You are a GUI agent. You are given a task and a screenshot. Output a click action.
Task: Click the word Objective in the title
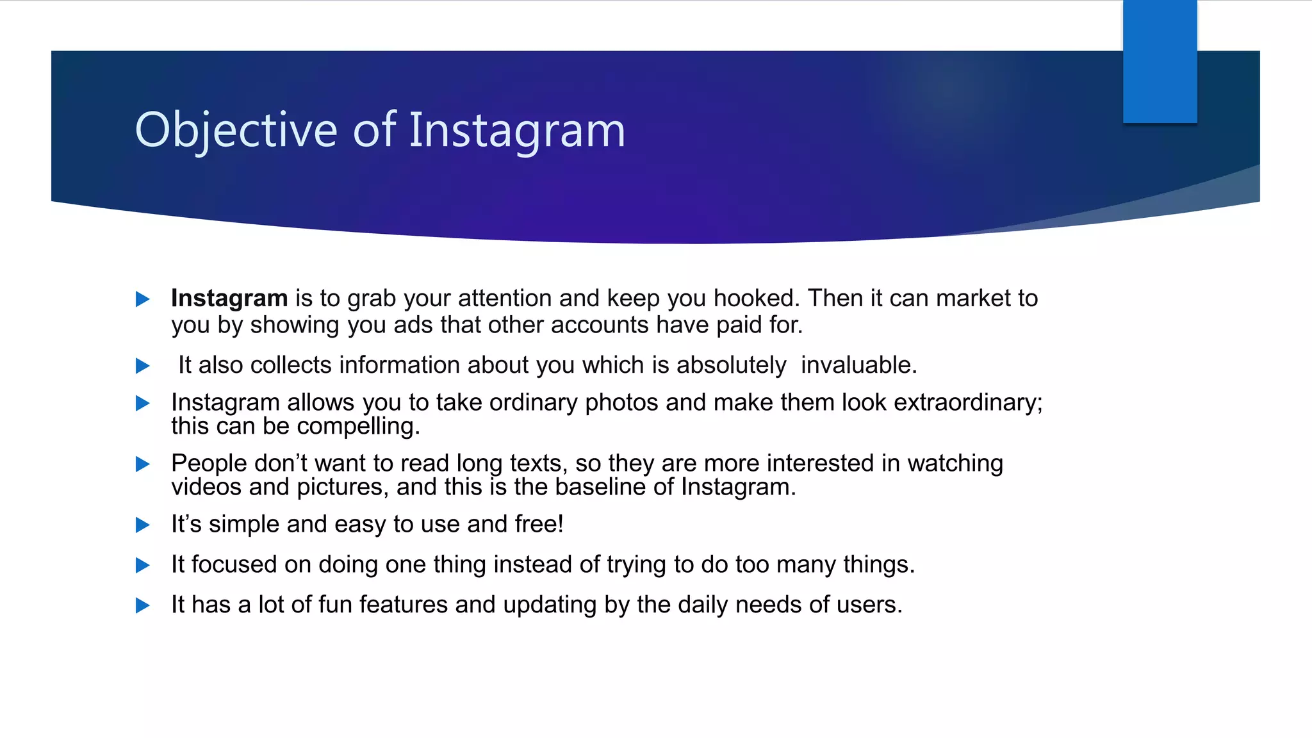(x=236, y=130)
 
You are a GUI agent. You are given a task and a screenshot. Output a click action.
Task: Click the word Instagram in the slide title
(x=516, y=130)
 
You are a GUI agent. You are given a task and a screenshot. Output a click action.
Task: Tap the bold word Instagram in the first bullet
(x=229, y=299)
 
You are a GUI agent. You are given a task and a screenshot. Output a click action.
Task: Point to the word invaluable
(x=858, y=365)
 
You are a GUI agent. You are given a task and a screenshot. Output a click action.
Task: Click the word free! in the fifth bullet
(x=539, y=524)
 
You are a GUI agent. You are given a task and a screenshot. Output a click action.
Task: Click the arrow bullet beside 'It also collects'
(x=142, y=366)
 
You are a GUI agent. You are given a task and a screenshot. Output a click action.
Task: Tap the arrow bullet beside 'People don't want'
(x=142, y=464)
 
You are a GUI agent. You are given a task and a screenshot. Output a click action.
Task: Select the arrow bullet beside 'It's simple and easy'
(x=142, y=525)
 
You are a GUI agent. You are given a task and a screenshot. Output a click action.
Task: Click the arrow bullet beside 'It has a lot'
(x=142, y=605)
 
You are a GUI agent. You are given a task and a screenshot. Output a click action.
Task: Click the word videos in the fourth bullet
(x=206, y=487)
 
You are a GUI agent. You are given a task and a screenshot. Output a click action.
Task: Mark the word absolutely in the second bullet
(x=731, y=365)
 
